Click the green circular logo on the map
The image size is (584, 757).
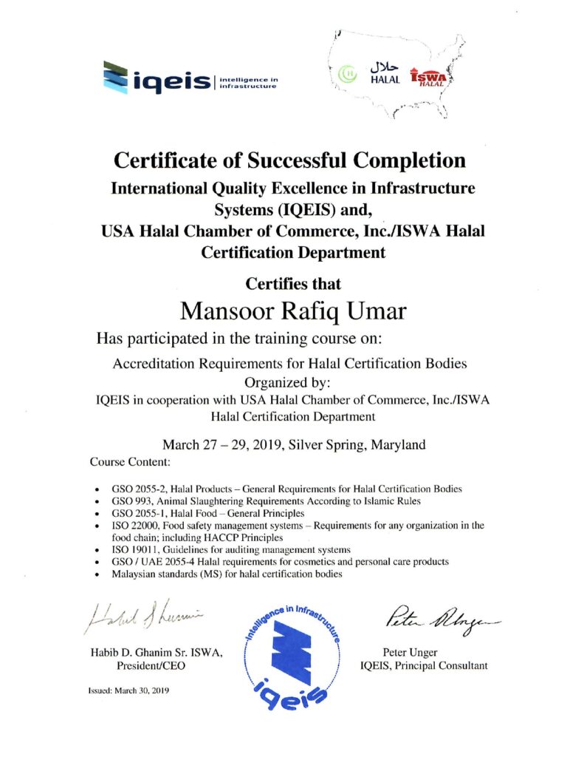[346, 74]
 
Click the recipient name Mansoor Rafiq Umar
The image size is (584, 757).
[291, 310]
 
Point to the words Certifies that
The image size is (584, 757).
[291, 282]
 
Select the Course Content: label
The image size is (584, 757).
[130, 463]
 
